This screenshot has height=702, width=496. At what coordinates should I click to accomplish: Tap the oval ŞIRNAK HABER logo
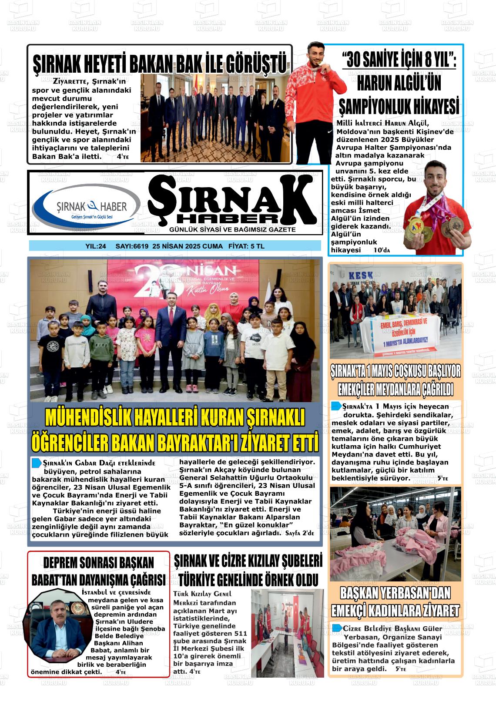pos(87,206)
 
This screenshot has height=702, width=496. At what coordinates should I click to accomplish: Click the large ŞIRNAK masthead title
pos(232,198)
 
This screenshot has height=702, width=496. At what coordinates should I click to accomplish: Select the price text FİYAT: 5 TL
pos(246,246)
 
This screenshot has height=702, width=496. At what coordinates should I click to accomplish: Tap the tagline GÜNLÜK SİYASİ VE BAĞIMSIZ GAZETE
pos(232,230)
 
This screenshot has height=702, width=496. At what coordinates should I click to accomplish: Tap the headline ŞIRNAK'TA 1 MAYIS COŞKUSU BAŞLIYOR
pos(395,372)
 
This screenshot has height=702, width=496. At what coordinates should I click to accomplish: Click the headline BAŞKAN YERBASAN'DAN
pos(395,593)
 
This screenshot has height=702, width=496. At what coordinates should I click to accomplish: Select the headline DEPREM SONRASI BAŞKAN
pos(98,563)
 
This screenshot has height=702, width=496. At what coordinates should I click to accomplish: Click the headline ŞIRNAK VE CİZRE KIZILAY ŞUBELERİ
pos(248,561)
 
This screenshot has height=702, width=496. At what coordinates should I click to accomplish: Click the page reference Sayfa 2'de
pos(300,533)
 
